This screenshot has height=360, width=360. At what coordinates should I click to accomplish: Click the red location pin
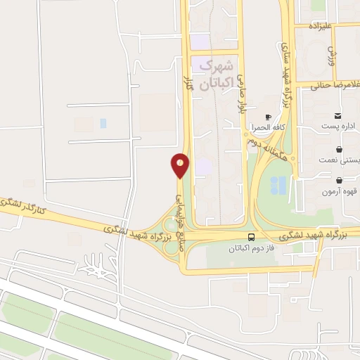[x=180, y=165]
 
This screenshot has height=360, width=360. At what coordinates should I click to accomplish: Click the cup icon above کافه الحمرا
[x=267, y=117]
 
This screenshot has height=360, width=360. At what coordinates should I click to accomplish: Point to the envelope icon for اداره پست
[x=338, y=115]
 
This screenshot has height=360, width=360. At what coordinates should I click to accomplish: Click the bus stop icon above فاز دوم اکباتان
[x=252, y=237]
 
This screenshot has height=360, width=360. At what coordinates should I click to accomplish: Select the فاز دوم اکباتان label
[x=252, y=248]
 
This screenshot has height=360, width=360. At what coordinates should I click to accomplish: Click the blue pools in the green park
[x=278, y=185]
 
